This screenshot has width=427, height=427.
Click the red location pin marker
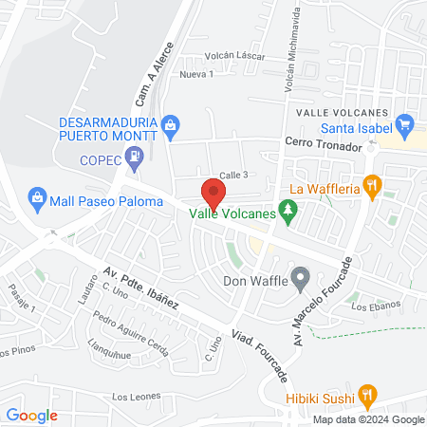coord(213,193)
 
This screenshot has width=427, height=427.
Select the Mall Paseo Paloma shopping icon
coord(37,198)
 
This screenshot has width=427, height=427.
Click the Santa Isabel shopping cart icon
coord(405,122)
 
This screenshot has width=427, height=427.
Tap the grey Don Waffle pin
coord(301,279)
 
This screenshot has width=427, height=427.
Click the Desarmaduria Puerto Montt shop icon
coord(171,124)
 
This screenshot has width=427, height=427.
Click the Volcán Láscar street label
coord(234,56)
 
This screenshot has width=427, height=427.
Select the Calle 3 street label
coord(233,175)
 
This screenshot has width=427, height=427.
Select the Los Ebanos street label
coord(370,306)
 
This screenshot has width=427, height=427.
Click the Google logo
coord(32,415)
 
